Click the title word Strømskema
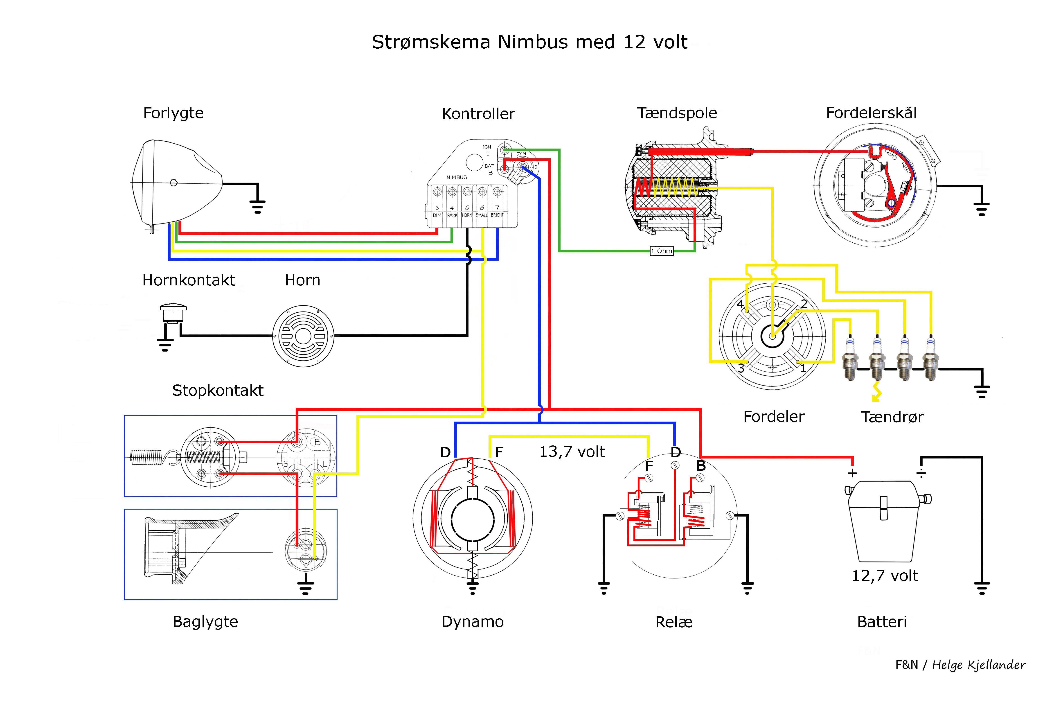[431, 42]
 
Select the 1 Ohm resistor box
[661, 251]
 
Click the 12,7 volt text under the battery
[885, 576]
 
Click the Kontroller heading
[478, 114]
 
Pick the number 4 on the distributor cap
[740, 304]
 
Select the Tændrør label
[892, 417]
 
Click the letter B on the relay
[700, 465]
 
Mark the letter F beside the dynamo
[499, 452]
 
